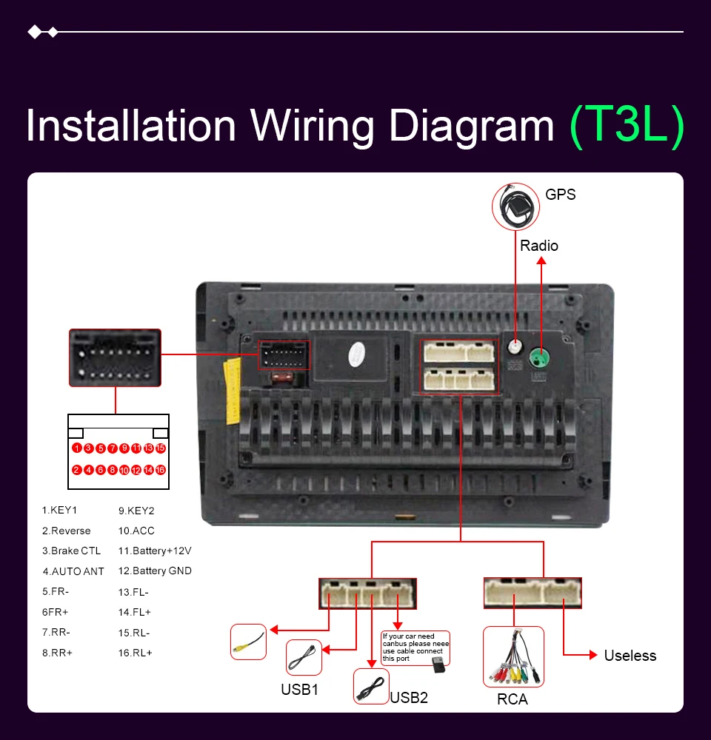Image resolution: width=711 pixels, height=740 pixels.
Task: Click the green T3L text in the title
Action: click(627, 127)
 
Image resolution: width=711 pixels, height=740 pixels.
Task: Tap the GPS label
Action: click(560, 195)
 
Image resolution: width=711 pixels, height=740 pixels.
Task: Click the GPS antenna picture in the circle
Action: click(515, 205)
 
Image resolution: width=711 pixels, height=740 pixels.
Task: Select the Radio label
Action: click(539, 246)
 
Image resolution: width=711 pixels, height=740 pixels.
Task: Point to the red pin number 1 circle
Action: click(76, 448)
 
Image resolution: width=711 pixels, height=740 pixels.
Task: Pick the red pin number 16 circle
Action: click(160, 470)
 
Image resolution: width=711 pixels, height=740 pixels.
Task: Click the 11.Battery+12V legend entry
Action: click(155, 551)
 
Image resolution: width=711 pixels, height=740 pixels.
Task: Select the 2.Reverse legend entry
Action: click(66, 531)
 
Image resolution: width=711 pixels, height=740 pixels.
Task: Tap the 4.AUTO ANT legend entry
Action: click(73, 571)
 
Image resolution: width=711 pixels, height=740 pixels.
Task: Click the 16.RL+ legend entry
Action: click(135, 653)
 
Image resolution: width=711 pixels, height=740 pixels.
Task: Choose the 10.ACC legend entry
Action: click(136, 531)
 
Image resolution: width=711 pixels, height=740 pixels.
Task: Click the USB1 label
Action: click(299, 690)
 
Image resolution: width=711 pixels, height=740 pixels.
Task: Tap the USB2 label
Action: click(409, 697)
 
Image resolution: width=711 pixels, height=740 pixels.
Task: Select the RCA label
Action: click(513, 699)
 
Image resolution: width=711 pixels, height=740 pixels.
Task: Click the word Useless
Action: click(630, 656)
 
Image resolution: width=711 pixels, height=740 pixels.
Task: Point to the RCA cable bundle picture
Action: click(513, 657)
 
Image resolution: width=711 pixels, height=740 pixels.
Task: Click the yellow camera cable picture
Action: click(248, 642)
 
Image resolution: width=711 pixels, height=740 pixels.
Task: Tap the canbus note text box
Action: click(415, 647)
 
